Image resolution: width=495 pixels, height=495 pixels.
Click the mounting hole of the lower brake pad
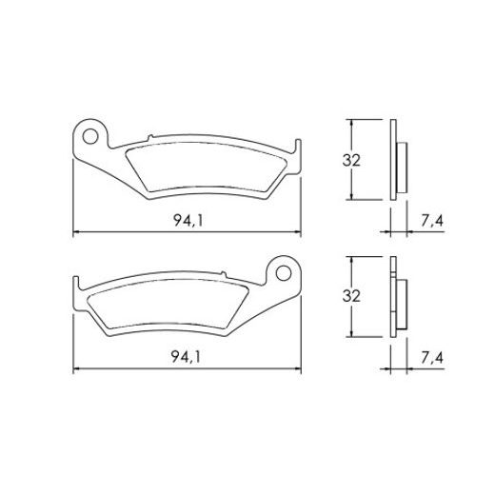coord(284,272)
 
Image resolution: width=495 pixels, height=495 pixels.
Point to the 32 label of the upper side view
coord(350,160)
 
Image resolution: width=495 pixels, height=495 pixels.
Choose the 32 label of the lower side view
coord(350,296)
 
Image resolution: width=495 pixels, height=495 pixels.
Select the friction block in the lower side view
coord(404,299)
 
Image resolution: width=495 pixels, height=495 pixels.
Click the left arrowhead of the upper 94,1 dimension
coord(77,233)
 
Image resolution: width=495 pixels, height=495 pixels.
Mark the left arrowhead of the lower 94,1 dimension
coord(77,370)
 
